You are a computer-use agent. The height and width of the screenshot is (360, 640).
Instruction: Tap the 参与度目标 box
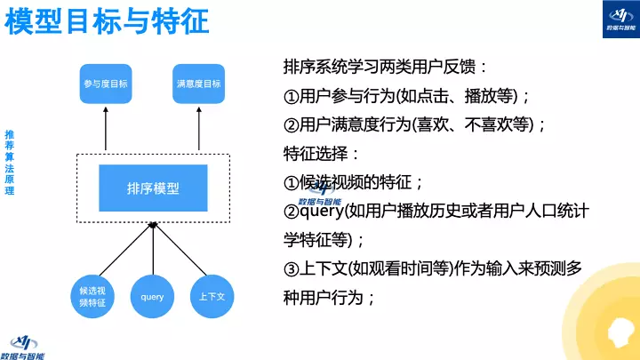point(106,84)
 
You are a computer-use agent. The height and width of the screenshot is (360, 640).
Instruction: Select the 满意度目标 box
point(198,84)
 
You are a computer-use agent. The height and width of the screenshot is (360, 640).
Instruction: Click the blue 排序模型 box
point(152,188)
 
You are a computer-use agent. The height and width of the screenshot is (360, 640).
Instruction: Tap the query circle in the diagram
point(152,297)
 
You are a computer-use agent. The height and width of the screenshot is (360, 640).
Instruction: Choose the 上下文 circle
point(212,297)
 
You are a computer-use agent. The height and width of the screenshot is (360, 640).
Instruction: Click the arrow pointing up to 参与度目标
point(106,129)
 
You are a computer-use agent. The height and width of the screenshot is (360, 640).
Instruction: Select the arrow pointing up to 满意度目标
point(198,129)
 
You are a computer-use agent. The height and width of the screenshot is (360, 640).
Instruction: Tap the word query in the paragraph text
point(324,211)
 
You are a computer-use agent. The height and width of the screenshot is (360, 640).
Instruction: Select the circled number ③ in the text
point(291,268)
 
